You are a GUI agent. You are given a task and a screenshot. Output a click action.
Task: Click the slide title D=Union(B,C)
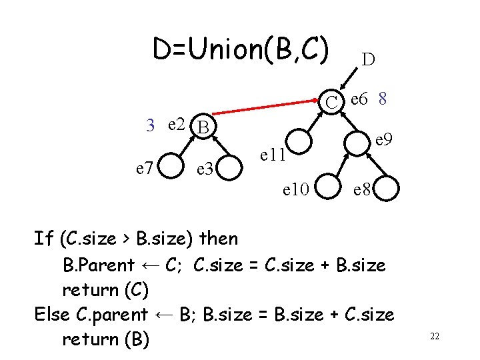[241, 49]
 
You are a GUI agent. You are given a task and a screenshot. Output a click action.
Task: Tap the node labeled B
[204, 126]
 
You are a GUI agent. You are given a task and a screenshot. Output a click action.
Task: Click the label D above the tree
[368, 59]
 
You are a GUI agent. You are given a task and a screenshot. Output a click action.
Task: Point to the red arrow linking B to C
[267, 111]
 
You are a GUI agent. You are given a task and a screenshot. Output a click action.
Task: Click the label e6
[360, 99]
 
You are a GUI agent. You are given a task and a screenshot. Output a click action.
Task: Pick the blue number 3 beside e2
[151, 124]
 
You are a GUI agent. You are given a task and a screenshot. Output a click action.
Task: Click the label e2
[177, 123]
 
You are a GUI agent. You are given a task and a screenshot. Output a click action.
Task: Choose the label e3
[205, 169]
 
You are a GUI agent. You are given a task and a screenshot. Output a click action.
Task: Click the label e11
[273, 155]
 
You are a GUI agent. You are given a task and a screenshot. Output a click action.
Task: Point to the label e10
[295, 191]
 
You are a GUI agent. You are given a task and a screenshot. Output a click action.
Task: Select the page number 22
[434, 337]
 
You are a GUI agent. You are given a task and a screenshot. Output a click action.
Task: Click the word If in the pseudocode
[44, 238]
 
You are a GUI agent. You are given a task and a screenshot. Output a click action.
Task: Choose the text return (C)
[105, 290]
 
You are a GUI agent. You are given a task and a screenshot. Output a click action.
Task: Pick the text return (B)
[105, 339]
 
